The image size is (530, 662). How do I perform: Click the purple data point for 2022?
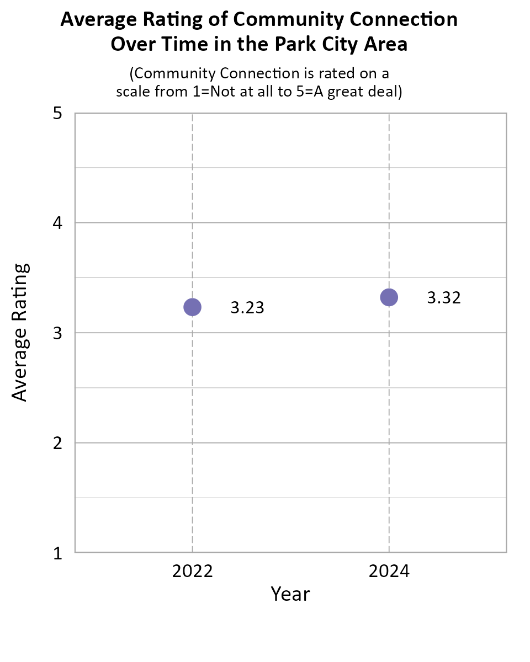pyautogui.click(x=192, y=307)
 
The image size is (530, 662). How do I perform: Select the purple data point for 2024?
pyautogui.click(x=389, y=297)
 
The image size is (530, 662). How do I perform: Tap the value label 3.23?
pyautogui.click(x=247, y=308)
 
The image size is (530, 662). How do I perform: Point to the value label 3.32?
pyautogui.click(x=444, y=298)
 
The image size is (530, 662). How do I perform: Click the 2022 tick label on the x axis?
pyautogui.click(x=192, y=571)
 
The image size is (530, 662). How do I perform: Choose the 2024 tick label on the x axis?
pyautogui.click(x=389, y=571)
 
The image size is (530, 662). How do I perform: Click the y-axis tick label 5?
pyautogui.click(x=56, y=114)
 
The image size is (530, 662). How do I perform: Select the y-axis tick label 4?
pyautogui.click(x=56, y=223)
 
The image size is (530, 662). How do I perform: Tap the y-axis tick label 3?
pyautogui.click(x=56, y=333)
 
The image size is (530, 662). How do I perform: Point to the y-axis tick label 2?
pyautogui.click(x=56, y=443)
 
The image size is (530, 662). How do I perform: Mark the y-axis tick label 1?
pyautogui.click(x=56, y=553)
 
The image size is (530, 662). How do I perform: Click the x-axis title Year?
pyautogui.click(x=290, y=594)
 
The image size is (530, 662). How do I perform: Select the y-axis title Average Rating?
pyautogui.click(x=20, y=333)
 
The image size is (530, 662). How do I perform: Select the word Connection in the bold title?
pyautogui.click(x=400, y=20)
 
